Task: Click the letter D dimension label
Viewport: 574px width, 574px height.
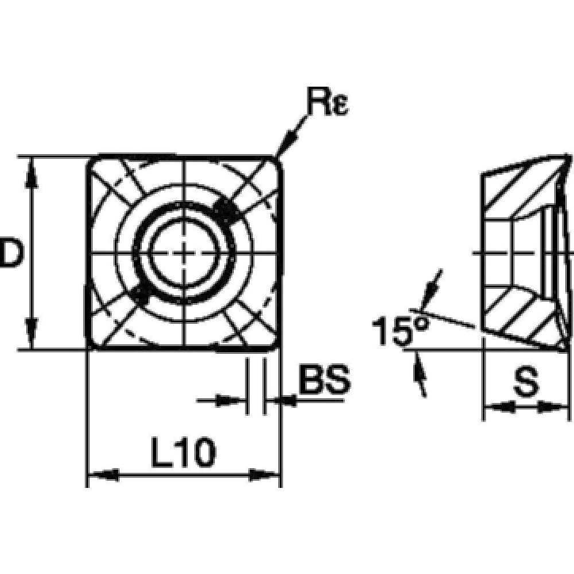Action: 10,253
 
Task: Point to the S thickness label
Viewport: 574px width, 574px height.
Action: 525,383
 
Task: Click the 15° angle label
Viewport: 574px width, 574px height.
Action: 400,331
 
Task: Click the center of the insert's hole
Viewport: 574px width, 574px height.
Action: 184,253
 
